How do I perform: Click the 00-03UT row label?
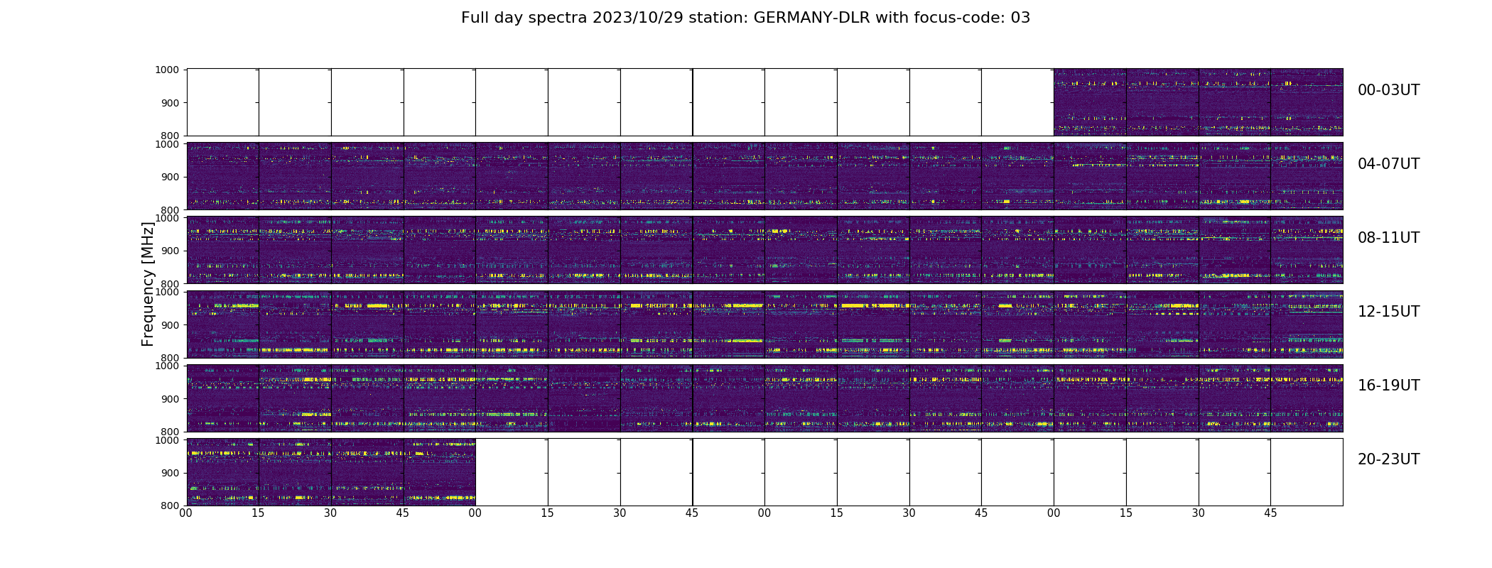[1388, 90]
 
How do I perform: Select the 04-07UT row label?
[1388, 164]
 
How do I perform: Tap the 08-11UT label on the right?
[1388, 238]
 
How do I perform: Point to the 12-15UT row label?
[1388, 312]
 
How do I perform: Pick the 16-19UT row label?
[1388, 386]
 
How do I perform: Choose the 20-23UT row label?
[1388, 459]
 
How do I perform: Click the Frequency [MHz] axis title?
[148, 284]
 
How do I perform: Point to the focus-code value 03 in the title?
[1020, 18]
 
